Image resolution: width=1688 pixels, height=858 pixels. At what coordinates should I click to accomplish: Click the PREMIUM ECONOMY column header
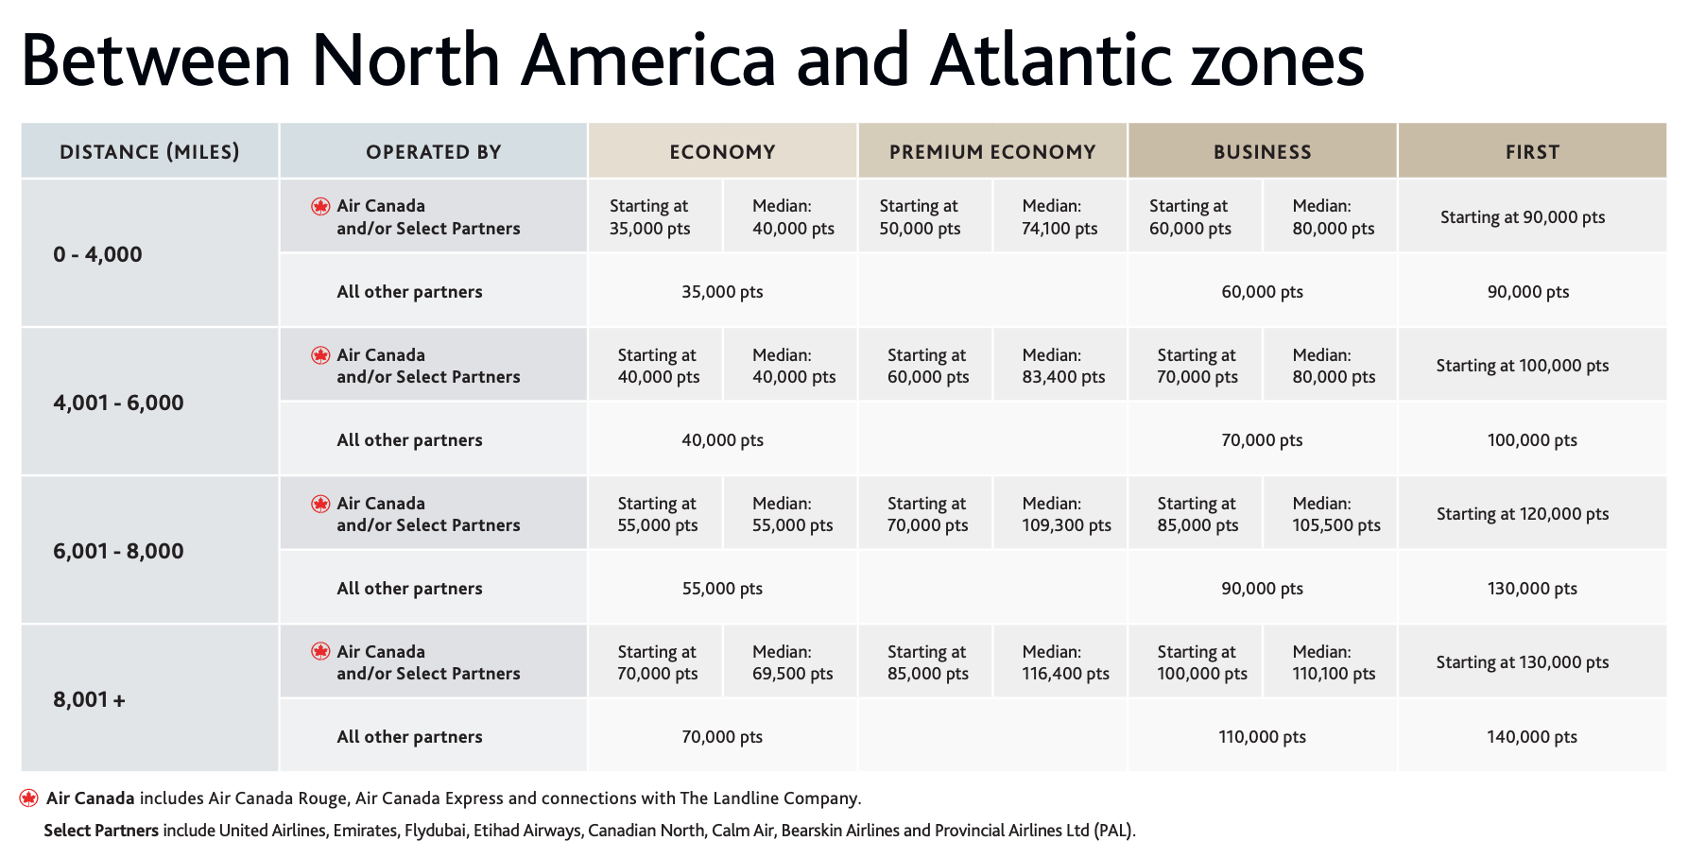point(992,151)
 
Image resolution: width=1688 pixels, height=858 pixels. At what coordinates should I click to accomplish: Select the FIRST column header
point(1532,151)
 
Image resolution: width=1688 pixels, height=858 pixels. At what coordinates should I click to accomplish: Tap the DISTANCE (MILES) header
point(149,151)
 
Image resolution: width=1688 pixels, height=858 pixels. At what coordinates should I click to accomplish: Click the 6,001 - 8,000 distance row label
point(118,551)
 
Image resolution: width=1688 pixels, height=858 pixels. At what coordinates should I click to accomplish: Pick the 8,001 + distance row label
point(89,699)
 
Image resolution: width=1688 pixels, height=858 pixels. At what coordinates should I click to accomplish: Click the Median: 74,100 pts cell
point(1059,216)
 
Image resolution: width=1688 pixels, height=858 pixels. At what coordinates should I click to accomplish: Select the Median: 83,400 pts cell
point(1063,366)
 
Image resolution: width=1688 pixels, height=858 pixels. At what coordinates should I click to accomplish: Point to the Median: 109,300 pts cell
point(1066,514)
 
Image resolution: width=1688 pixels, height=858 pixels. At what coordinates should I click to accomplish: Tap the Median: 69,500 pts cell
point(792,662)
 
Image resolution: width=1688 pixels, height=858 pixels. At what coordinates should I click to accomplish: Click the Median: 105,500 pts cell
point(1336,514)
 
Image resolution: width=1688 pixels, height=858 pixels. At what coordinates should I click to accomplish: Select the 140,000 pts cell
point(1532,736)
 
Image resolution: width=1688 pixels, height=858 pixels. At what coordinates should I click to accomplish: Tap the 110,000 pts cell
point(1262,736)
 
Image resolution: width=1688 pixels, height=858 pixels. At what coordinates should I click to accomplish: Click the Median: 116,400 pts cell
point(1065,662)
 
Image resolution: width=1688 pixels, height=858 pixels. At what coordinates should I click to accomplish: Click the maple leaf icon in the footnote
point(29,798)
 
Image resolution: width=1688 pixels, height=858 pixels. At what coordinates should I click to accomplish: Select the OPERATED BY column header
point(433,151)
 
